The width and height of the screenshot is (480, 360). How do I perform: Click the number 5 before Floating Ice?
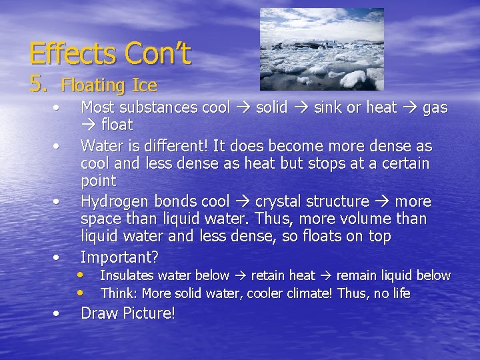pos(39,83)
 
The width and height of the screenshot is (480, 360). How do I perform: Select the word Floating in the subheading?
pos(93,86)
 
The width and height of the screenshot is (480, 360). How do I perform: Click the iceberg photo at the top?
pos(321,49)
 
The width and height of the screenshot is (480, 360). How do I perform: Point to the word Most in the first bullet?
pos(97,107)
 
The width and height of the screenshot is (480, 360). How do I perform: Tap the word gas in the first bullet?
pos(435,107)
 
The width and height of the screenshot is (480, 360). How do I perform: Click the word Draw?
pos(99,313)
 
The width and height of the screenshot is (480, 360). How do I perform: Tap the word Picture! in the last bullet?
pos(149,313)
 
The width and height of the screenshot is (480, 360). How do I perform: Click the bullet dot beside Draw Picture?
pos(59,312)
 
